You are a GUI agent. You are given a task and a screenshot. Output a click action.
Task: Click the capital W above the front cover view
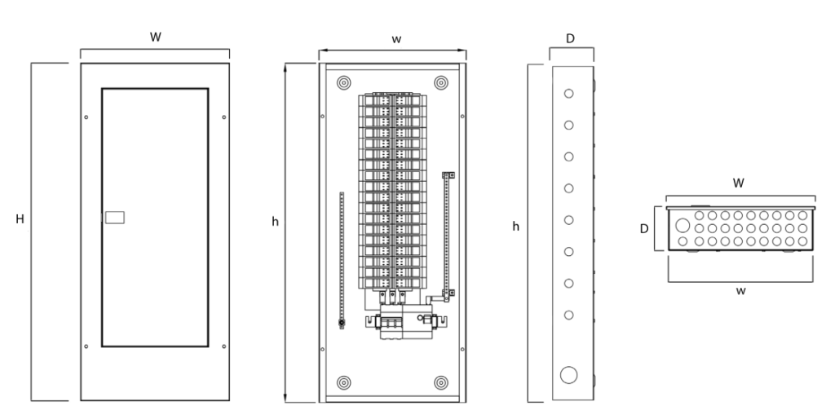(154, 38)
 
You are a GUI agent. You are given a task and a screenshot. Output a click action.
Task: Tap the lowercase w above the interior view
(395, 40)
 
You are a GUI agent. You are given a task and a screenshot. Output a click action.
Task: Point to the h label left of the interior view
(276, 221)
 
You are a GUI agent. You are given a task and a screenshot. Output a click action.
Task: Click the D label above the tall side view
(572, 37)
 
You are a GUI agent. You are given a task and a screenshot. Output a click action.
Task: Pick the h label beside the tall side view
(515, 226)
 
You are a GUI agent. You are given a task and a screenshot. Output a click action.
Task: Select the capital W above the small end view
(739, 183)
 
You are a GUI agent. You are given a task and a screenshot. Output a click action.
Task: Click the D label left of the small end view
(644, 229)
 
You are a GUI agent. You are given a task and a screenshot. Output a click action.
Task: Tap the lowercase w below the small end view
(740, 291)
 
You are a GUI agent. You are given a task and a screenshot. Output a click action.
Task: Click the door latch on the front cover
(114, 218)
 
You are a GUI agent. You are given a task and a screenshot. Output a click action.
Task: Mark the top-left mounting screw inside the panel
(343, 82)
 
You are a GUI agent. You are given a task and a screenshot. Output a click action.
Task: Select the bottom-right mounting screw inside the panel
(441, 382)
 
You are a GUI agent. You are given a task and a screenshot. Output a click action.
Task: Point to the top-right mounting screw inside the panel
(441, 82)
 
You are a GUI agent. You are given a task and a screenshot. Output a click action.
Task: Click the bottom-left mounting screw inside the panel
(343, 382)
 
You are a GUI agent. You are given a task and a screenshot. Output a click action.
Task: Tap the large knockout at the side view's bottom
(569, 375)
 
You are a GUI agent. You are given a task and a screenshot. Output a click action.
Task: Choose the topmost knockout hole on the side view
(569, 94)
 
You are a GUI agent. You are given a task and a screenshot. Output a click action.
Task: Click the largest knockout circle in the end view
(683, 226)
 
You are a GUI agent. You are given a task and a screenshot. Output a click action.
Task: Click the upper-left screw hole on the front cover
(87, 118)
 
